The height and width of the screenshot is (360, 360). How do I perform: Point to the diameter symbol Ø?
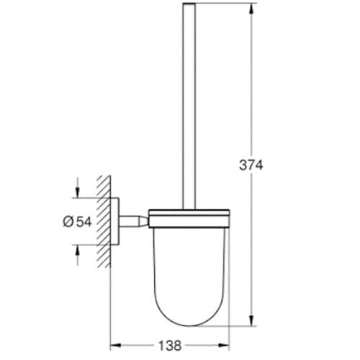(67, 222)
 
